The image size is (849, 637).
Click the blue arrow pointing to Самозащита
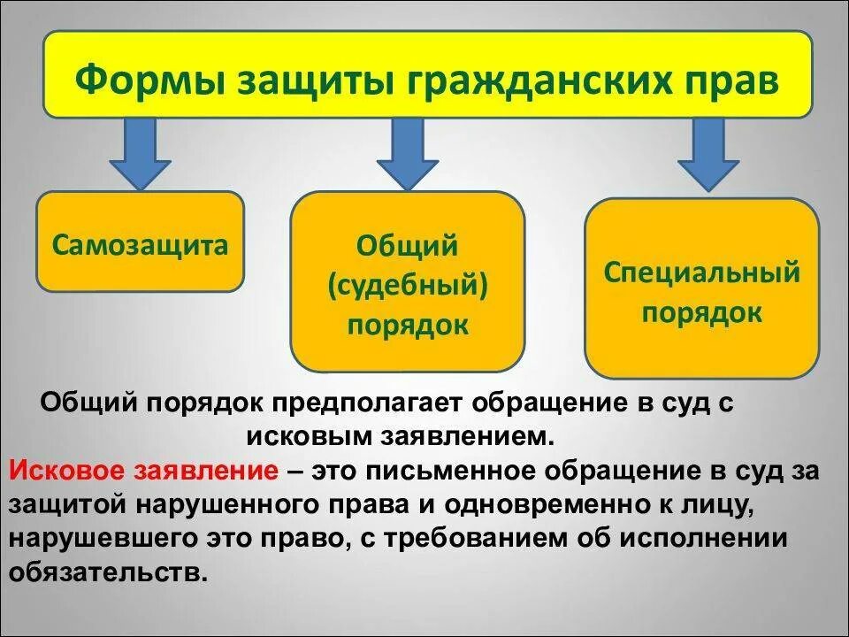click(140, 154)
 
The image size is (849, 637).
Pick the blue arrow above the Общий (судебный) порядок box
click(407, 154)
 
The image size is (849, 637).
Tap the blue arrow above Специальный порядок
click(707, 154)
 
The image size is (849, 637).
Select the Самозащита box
click(140, 242)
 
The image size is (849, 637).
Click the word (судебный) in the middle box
click(408, 285)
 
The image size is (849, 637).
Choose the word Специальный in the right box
click(701, 272)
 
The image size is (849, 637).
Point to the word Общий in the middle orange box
click(408, 245)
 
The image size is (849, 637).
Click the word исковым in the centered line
click(320, 436)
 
